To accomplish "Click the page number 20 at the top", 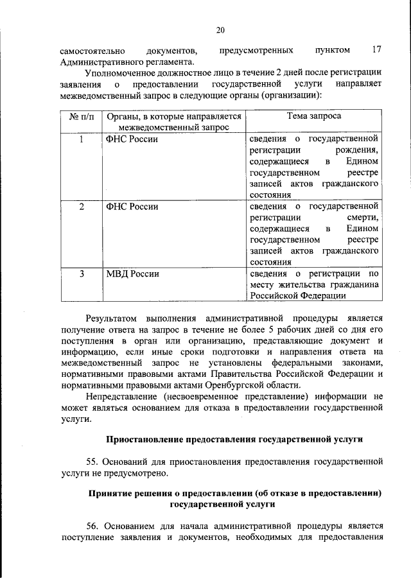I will (220, 30).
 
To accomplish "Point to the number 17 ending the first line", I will (378, 50).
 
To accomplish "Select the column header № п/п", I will (81, 117).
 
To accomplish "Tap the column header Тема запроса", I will (313, 117).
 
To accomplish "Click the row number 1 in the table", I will (81, 139).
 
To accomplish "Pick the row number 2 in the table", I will (81, 207).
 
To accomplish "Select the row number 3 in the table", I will (81, 274).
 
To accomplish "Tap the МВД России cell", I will (133, 274).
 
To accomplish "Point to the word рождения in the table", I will (357, 150).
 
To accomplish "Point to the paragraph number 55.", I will (92, 462).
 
